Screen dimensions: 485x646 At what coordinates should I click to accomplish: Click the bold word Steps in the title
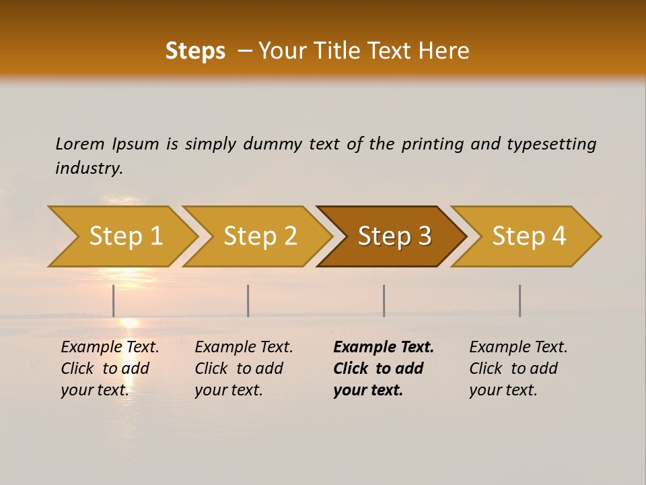coord(195,51)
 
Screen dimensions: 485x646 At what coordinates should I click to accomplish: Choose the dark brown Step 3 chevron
coord(394,236)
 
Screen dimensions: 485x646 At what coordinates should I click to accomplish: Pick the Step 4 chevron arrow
coord(529,236)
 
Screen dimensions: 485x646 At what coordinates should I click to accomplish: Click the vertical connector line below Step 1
coord(114,300)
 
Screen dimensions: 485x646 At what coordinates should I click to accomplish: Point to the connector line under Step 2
coord(248,300)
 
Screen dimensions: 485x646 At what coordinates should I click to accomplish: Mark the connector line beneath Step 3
coord(384,300)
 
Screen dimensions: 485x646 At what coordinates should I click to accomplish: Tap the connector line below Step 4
coord(519,300)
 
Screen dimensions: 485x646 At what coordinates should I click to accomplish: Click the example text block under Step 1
coord(110,368)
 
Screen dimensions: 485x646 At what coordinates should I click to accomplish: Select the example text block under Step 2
coord(244,368)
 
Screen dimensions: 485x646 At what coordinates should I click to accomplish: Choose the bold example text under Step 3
coord(384,368)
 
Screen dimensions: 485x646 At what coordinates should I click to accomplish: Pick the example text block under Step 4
coord(518,368)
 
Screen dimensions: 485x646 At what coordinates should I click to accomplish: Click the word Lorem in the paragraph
coord(80,143)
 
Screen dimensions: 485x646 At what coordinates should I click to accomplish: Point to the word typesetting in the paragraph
coord(551,143)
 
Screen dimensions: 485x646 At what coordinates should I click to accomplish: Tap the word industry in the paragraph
coord(89,168)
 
